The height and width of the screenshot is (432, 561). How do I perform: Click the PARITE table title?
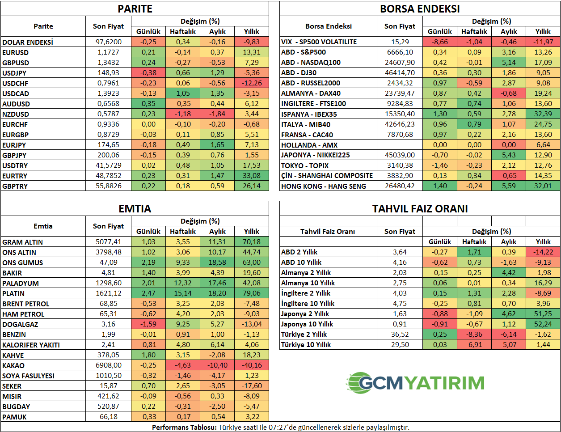135,9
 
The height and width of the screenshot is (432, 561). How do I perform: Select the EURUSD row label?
16,52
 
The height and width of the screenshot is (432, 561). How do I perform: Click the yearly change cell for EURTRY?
252,176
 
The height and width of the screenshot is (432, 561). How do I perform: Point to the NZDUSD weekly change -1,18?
183,114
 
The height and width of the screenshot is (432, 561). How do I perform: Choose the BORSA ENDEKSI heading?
420,9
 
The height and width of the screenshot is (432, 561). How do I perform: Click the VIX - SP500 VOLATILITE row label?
319,42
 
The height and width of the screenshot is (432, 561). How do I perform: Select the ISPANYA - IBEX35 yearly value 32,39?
543,114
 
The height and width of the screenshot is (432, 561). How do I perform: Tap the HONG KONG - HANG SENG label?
323,186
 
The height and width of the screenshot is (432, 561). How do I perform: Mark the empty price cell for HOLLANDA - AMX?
400,145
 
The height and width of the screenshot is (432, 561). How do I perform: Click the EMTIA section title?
135,209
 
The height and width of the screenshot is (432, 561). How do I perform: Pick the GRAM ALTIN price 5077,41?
108,242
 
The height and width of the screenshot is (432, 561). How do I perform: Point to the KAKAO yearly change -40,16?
252,365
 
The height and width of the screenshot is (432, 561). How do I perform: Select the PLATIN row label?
13,293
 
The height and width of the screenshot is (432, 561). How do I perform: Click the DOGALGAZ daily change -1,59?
148,324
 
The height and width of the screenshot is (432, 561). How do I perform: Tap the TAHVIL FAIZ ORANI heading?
420,209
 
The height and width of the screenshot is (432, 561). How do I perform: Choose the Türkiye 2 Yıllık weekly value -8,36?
474,335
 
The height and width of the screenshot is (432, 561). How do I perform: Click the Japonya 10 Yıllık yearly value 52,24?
543,324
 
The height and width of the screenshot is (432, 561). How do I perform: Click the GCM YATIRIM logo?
415,383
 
